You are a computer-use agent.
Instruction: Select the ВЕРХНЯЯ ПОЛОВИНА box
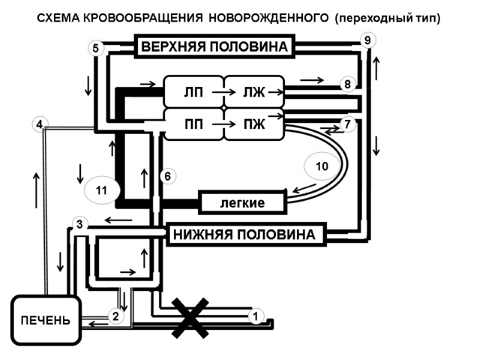215,46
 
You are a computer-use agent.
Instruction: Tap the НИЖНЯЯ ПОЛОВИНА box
244,235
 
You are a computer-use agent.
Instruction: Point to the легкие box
242,203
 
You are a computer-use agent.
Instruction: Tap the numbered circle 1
256,316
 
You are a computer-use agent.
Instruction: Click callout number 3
80,225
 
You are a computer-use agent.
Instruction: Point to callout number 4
39,125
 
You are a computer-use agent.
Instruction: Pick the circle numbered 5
96,48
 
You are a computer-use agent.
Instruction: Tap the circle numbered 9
367,40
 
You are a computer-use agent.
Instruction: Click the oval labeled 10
322,167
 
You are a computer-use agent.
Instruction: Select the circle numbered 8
347,85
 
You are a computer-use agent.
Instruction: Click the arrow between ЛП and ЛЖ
221,92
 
